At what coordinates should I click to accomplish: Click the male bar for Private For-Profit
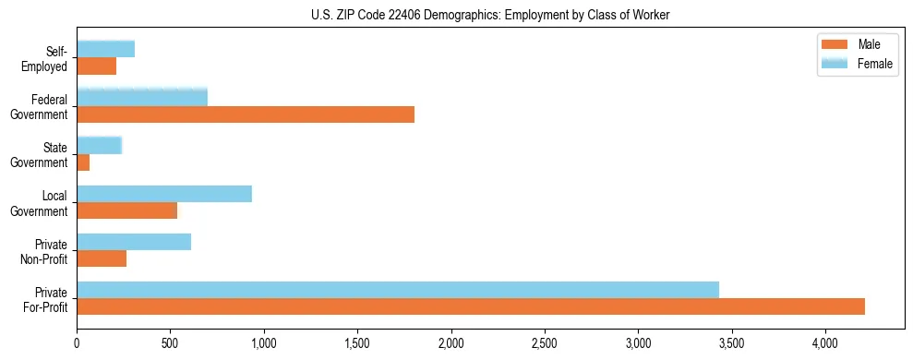pyautogui.click(x=471, y=306)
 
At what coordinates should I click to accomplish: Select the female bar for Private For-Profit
pyautogui.click(x=398, y=290)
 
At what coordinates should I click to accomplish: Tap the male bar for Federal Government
pyautogui.click(x=246, y=114)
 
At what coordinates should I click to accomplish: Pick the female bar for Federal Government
pyautogui.click(x=142, y=97)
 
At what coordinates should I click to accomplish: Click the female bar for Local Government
pyautogui.click(x=164, y=194)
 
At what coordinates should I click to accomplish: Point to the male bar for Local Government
pyautogui.click(x=127, y=210)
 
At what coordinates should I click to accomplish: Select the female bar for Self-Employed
pyautogui.click(x=106, y=49)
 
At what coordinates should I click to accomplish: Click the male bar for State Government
pyautogui.click(x=83, y=162)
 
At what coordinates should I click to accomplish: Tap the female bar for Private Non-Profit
pyautogui.click(x=134, y=242)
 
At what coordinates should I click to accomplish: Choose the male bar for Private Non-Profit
pyautogui.click(x=102, y=258)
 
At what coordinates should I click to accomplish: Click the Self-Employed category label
pyautogui.click(x=49, y=58)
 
